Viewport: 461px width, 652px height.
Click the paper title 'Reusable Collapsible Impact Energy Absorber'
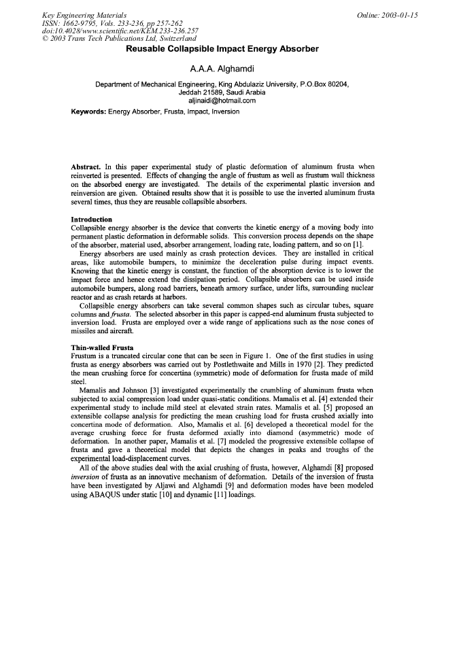(x=222, y=50)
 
